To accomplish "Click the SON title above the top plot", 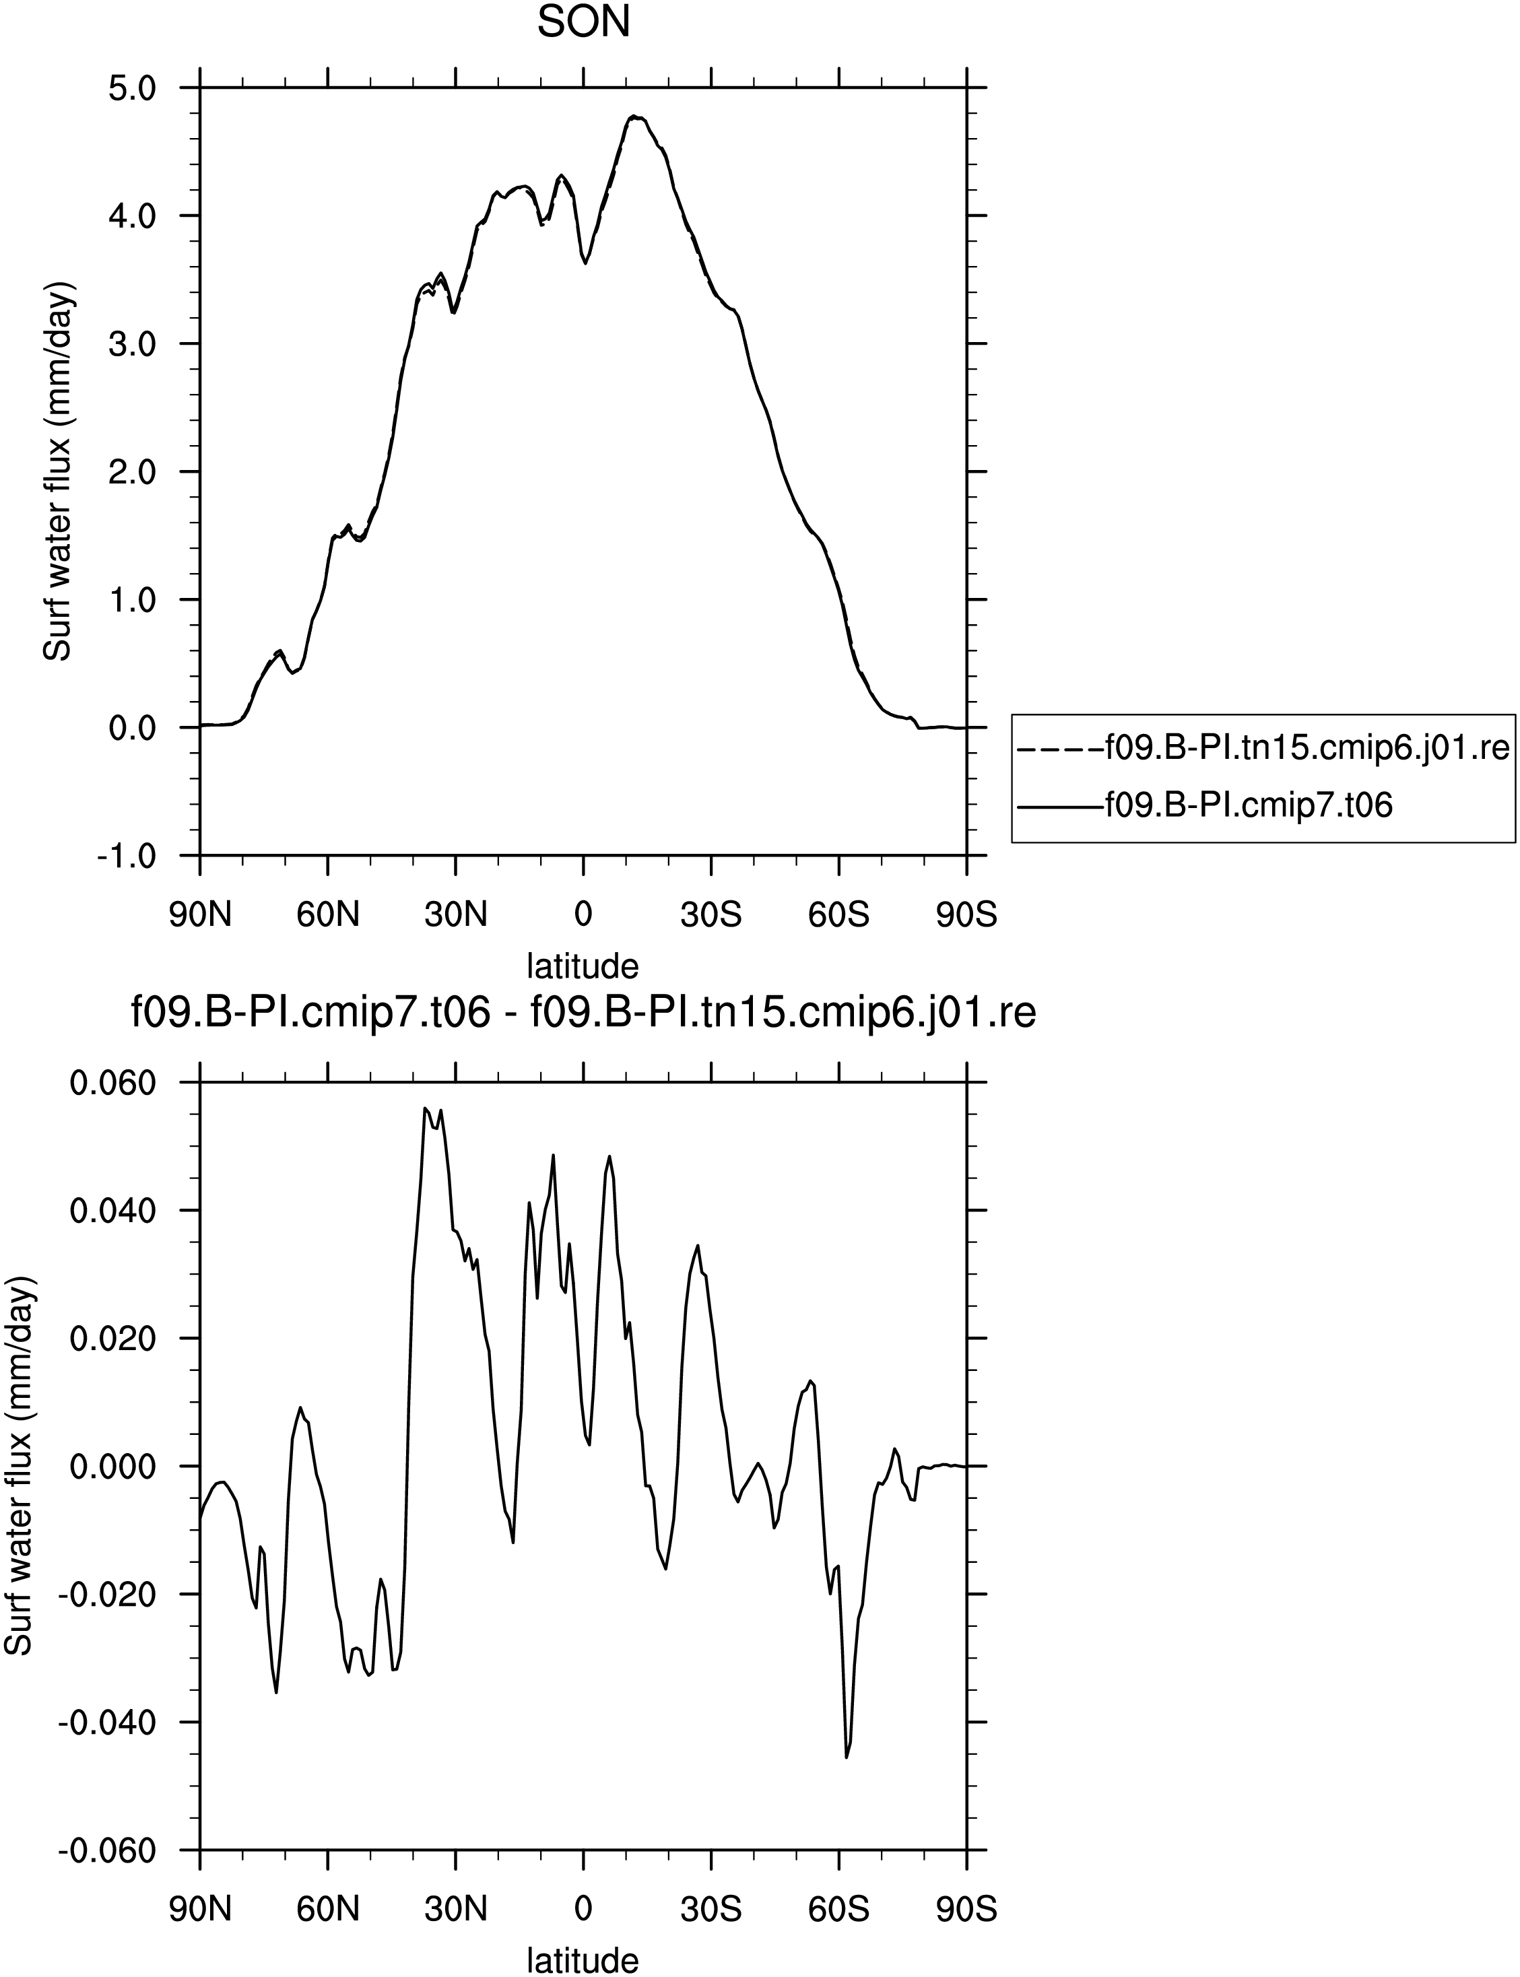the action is (x=584, y=23).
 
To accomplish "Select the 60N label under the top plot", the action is (x=329, y=915).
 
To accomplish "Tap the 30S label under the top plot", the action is (x=711, y=915).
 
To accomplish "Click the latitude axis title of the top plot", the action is (x=584, y=966).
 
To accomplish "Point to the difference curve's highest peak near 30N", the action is (x=424, y=1108).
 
